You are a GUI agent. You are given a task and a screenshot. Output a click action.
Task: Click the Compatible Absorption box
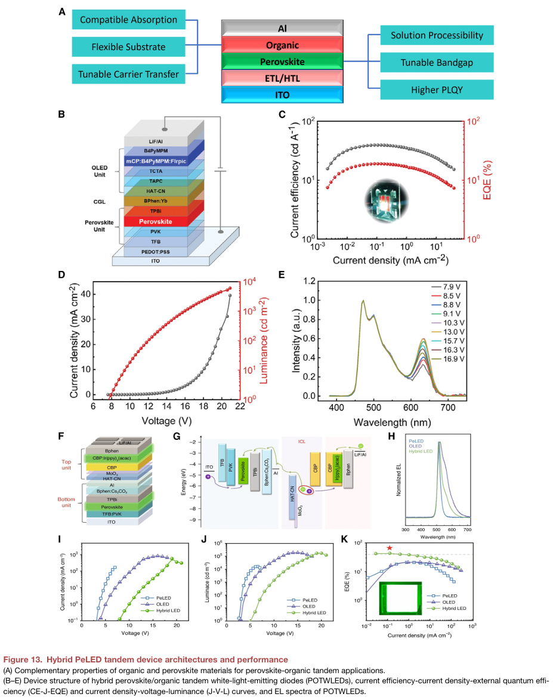(x=128, y=20)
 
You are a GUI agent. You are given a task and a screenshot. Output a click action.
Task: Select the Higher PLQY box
(x=437, y=90)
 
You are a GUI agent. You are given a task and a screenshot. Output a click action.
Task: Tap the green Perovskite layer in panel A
(x=282, y=61)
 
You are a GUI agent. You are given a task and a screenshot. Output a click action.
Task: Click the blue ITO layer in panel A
(x=282, y=95)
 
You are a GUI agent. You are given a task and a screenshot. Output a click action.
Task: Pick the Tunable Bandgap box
(x=437, y=63)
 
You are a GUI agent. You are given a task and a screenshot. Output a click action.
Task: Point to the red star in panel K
(x=390, y=548)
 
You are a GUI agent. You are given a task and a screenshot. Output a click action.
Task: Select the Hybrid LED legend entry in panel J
(x=313, y=612)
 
